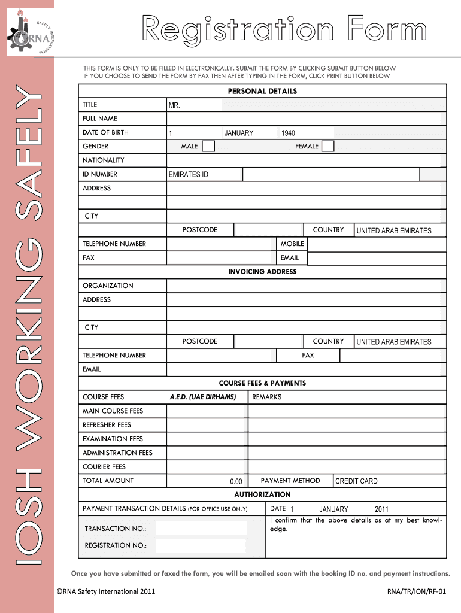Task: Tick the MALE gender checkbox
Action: (208, 147)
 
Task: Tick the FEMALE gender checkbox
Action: (327, 147)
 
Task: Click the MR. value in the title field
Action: (174, 105)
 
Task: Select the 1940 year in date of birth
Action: (288, 133)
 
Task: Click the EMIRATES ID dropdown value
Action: (189, 175)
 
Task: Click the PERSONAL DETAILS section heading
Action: (262, 91)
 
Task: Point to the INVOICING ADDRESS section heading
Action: (262, 272)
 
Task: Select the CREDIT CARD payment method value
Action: (356, 481)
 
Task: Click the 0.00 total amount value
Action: (236, 481)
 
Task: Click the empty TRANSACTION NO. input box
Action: (201, 528)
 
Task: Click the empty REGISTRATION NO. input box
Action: (201, 545)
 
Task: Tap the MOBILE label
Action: (292, 244)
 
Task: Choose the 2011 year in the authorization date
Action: (381, 509)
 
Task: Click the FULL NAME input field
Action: (305, 119)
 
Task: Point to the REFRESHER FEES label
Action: (107, 425)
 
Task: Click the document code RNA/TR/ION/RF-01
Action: (417, 592)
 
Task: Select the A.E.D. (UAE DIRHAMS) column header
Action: (203, 397)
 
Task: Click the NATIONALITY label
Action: (104, 160)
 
